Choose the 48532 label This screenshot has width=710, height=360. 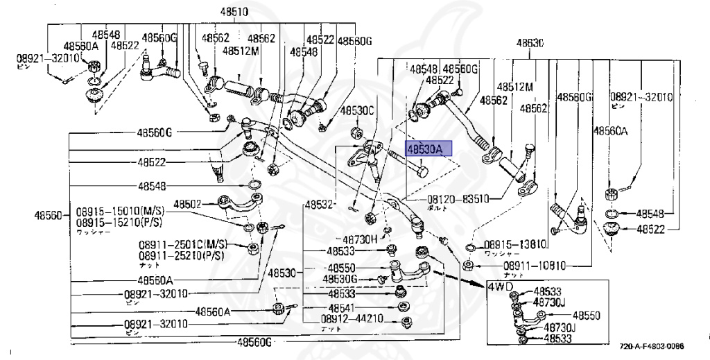click(319, 205)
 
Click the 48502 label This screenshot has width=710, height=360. click(187, 205)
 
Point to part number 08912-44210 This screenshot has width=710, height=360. click(352, 319)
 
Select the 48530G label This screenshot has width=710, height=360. click(343, 279)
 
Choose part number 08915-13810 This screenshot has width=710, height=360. click(516, 244)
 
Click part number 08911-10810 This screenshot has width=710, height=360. click(535, 266)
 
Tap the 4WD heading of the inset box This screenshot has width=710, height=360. click(500, 286)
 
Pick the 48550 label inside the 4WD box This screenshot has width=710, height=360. click(587, 315)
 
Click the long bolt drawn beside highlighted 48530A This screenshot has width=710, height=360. click(409, 162)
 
